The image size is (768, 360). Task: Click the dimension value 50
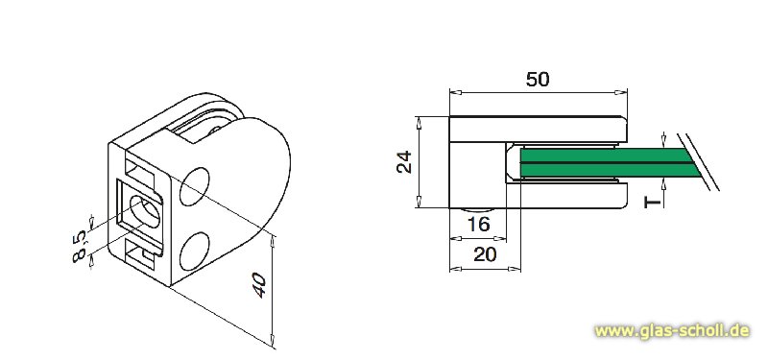click(x=538, y=80)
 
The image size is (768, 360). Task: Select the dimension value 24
click(x=404, y=161)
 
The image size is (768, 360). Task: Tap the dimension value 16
click(x=478, y=225)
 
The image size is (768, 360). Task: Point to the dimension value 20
click(x=485, y=254)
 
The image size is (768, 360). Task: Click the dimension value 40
click(x=259, y=285)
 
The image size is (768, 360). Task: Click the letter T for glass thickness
click(x=652, y=202)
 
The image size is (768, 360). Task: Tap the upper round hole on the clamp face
click(x=195, y=186)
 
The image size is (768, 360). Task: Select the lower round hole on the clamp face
click(x=195, y=252)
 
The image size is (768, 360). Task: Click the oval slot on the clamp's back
click(x=144, y=211)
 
